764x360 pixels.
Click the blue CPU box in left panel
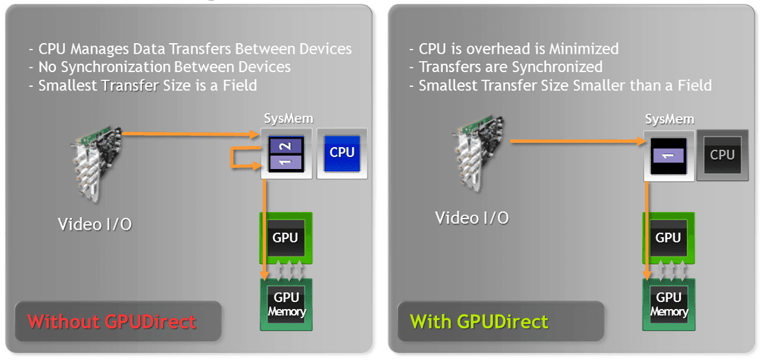coord(342,152)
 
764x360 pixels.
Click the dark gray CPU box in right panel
coord(722,154)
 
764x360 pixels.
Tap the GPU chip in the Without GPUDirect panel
coord(286,238)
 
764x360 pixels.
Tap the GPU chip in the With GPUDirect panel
coord(668,238)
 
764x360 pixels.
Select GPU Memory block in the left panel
coord(286,304)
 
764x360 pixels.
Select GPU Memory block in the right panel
coord(668,304)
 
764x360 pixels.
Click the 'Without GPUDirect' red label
coord(112,322)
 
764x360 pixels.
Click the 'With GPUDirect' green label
coord(479,322)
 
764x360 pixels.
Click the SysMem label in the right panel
coord(669,119)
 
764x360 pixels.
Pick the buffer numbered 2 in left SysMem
coord(286,146)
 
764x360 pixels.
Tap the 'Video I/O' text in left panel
coord(94,224)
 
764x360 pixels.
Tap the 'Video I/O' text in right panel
coord(472,218)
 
